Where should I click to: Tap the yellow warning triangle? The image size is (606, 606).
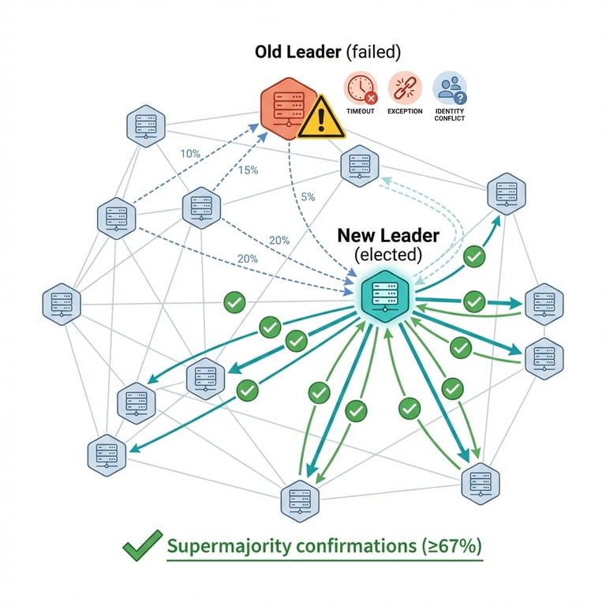point(320,118)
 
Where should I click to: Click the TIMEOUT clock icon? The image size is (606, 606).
point(361,88)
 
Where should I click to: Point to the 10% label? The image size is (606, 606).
point(190,154)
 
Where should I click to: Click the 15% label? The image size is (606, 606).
point(248,170)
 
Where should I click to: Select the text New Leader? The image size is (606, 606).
point(388,235)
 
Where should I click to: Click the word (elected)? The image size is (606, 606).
point(388,255)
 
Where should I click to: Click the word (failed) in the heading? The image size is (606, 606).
point(372,52)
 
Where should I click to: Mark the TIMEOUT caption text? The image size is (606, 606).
point(361,111)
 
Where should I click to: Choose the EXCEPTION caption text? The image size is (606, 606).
point(405,111)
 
